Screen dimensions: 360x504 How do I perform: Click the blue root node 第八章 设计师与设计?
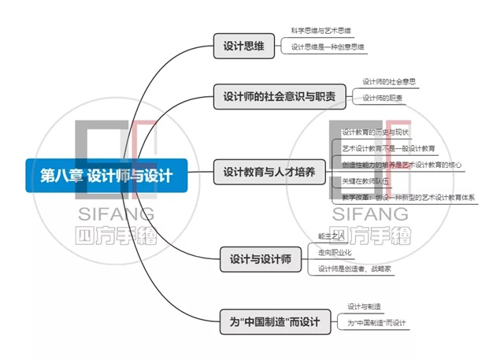pyautogui.click(x=106, y=174)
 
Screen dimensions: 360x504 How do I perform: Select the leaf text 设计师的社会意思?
pyautogui.click(x=389, y=81)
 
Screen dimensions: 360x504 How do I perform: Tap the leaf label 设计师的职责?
pyautogui.click(x=383, y=98)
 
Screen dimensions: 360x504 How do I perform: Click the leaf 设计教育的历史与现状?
pyautogui.click(x=376, y=132)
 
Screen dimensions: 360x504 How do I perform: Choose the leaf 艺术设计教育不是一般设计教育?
pyautogui.click(x=388, y=148)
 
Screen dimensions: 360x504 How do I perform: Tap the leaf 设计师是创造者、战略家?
pyautogui.click(x=354, y=269)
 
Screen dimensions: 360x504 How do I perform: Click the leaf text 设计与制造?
pyautogui.click(x=365, y=306)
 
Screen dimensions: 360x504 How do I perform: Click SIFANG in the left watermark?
pyautogui.click(x=116, y=213)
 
